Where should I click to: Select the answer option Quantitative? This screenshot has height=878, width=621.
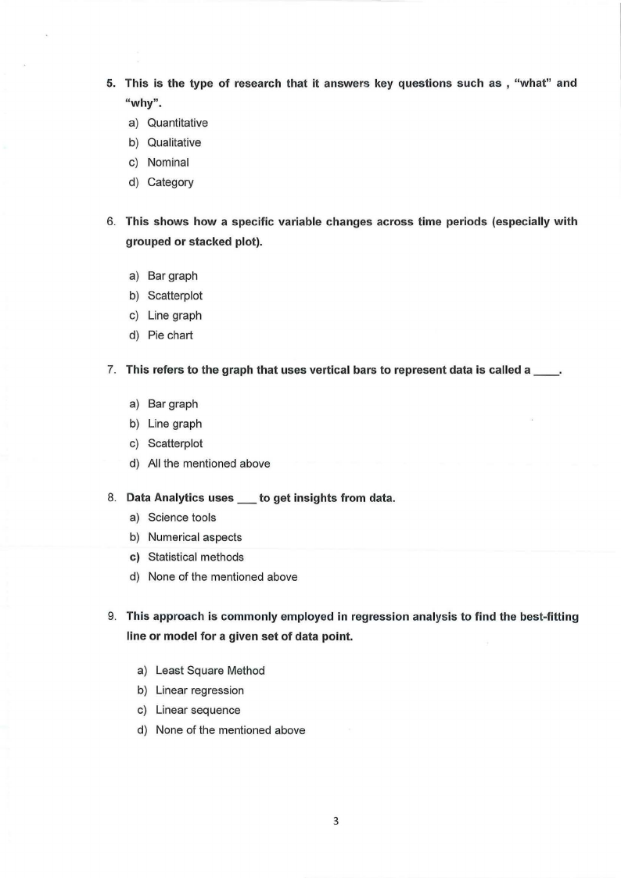click(178, 123)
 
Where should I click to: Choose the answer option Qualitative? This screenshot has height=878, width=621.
click(174, 142)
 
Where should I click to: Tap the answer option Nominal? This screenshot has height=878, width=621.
click(168, 163)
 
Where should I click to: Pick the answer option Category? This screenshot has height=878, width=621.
click(171, 182)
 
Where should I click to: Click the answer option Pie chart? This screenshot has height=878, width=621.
click(170, 335)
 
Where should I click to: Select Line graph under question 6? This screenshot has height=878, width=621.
click(174, 316)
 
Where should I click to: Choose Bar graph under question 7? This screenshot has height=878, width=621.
click(173, 404)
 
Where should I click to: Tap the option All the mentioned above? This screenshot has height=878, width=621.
click(209, 464)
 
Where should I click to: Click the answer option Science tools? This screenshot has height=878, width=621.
click(181, 518)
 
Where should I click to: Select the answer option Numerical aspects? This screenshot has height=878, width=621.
click(195, 537)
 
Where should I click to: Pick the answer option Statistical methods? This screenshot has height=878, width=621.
click(196, 557)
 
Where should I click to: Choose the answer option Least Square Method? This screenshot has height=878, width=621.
click(210, 671)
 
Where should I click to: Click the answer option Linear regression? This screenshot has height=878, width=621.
click(199, 690)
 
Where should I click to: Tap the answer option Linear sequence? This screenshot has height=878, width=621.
click(198, 711)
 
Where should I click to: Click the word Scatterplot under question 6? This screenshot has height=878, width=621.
click(175, 296)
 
